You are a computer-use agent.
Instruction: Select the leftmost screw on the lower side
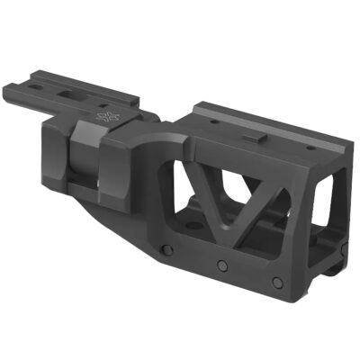pyautogui.click(x=165, y=249)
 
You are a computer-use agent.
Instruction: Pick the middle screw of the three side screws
pyautogui.click(x=220, y=264)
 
